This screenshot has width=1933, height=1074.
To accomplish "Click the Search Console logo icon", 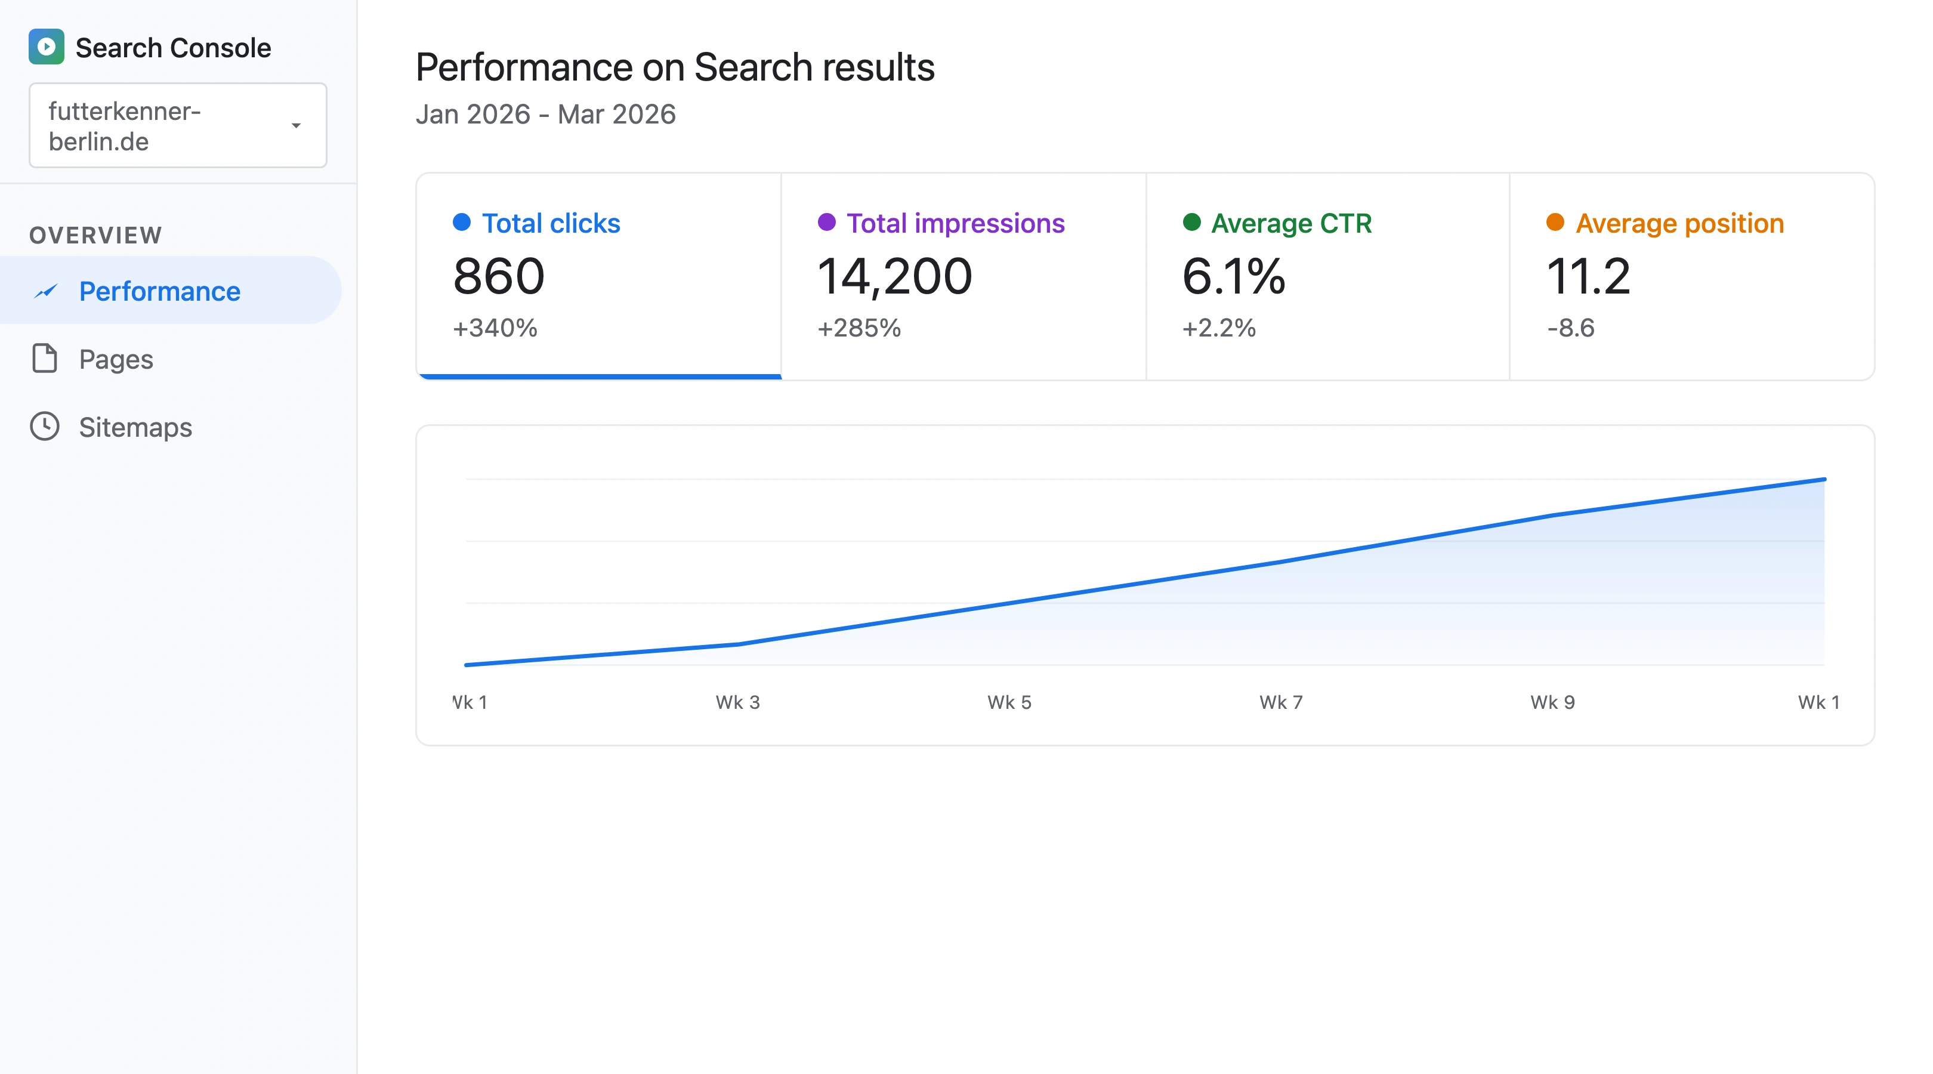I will [x=46, y=47].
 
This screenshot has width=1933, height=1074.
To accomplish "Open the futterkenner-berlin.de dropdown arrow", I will [x=296, y=125].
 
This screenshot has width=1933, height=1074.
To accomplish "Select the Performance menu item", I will [x=159, y=291].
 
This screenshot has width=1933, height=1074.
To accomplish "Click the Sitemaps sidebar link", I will [x=135, y=427].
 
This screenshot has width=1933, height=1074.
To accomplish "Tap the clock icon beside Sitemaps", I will [x=44, y=426].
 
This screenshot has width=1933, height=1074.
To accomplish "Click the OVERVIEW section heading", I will [x=95, y=235].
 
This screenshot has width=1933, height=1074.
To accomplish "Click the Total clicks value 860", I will [x=498, y=276].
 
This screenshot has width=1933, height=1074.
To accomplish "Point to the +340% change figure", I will [x=495, y=328].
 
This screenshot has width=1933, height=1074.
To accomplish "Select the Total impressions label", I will [x=955, y=223].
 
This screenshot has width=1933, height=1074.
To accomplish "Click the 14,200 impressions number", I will [x=894, y=276].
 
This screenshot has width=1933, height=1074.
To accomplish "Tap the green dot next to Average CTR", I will [x=1191, y=222].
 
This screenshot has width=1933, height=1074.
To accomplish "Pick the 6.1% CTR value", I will [x=1233, y=276].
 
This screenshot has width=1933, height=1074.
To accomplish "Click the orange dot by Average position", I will [x=1555, y=222].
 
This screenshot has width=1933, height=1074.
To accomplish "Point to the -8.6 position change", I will [x=1570, y=328].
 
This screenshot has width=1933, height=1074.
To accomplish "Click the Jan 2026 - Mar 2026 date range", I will [x=545, y=114].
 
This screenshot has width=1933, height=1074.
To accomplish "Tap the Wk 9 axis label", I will [x=1552, y=702].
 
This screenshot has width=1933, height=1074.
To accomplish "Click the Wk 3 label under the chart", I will [x=737, y=702].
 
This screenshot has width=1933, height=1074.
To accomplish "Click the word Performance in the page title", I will [x=523, y=67].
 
